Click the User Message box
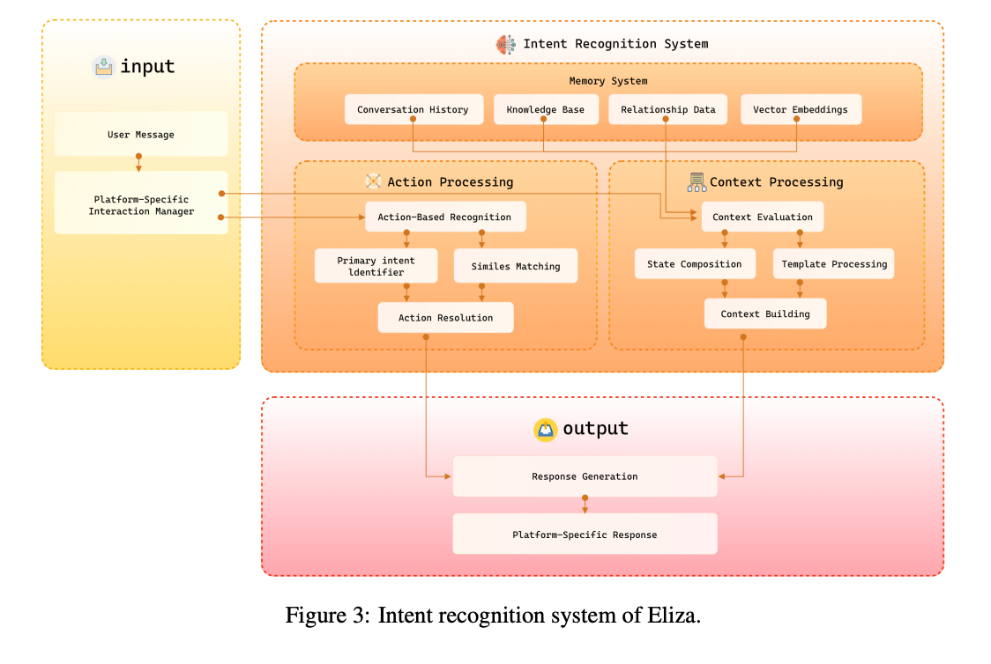click(141, 135)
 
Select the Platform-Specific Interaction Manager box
click(141, 204)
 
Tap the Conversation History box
click(414, 110)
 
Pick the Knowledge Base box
click(545, 110)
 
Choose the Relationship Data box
click(667, 110)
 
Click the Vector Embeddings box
click(800, 110)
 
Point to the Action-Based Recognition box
click(444, 217)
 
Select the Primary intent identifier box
click(376, 266)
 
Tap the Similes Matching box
click(515, 266)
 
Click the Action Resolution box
click(445, 317)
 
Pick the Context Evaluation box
click(762, 217)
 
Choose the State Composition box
click(694, 264)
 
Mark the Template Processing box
click(833, 264)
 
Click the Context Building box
click(764, 314)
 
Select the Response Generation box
click(584, 476)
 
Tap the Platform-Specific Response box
click(584, 535)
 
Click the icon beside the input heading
click(104, 66)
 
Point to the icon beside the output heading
click(546, 429)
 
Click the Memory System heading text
click(607, 81)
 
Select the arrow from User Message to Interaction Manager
click(138, 163)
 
